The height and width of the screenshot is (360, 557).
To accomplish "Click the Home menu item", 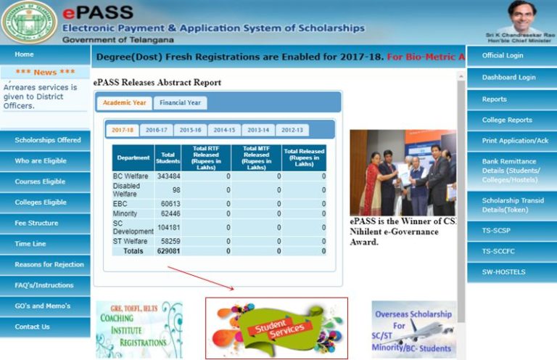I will [x=25, y=54].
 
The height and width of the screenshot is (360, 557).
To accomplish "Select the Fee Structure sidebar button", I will [x=36, y=223].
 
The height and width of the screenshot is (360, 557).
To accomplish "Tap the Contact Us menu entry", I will [x=33, y=327].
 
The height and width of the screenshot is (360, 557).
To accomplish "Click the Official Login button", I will [x=503, y=55].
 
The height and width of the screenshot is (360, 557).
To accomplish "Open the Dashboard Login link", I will [x=508, y=78].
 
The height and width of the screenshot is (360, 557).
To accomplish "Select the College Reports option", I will [x=507, y=120].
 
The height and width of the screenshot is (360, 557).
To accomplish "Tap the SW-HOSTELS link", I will [x=503, y=272].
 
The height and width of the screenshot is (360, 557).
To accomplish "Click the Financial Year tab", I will [x=181, y=103].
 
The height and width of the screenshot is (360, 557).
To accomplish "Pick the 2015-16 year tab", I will [x=190, y=131].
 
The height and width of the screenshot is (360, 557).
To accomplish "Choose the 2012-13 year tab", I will [x=292, y=131].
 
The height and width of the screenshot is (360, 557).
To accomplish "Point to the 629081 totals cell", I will [x=168, y=250].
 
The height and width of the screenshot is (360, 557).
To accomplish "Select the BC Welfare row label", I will [x=131, y=176].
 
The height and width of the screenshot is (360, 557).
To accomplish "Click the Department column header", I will [x=133, y=157].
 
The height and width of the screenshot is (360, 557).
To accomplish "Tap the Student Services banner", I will [x=276, y=328].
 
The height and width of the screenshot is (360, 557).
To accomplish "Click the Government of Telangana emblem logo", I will [x=29, y=23].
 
